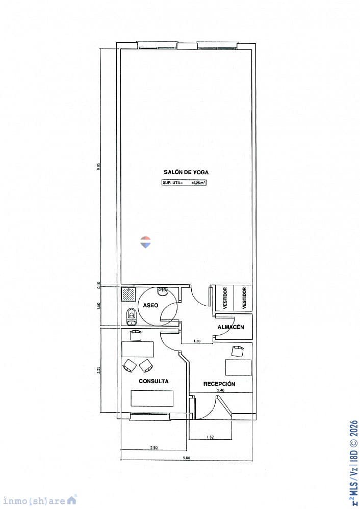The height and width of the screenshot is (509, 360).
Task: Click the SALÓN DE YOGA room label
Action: [x=186, y=172]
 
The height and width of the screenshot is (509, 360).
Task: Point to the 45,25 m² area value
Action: [x=199, y=182]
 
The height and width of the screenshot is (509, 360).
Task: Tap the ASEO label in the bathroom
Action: [x=150, y=305]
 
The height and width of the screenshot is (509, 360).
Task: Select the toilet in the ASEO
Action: [x=131, y=316]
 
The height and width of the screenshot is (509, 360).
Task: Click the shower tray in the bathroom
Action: [x=129, y=294]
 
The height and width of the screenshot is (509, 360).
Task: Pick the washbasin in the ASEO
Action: [x=163, y=291]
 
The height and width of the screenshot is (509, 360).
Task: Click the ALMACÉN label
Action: [x=231, y=327]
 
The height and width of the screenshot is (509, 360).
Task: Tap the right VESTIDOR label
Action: [x=244, y=298]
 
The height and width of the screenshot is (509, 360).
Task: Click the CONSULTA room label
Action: [x=153, y=381]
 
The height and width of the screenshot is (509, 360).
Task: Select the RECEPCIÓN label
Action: [x=219, y=384]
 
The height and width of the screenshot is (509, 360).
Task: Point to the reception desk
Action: [x=239, y=367]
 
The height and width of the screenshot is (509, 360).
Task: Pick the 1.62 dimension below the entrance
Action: [x=210, y=437]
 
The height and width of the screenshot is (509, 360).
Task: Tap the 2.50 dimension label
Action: [x=153, y=447]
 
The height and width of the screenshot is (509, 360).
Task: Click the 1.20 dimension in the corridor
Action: [x=196, y=340]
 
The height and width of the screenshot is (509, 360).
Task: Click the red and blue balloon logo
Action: [x=146, y=242]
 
